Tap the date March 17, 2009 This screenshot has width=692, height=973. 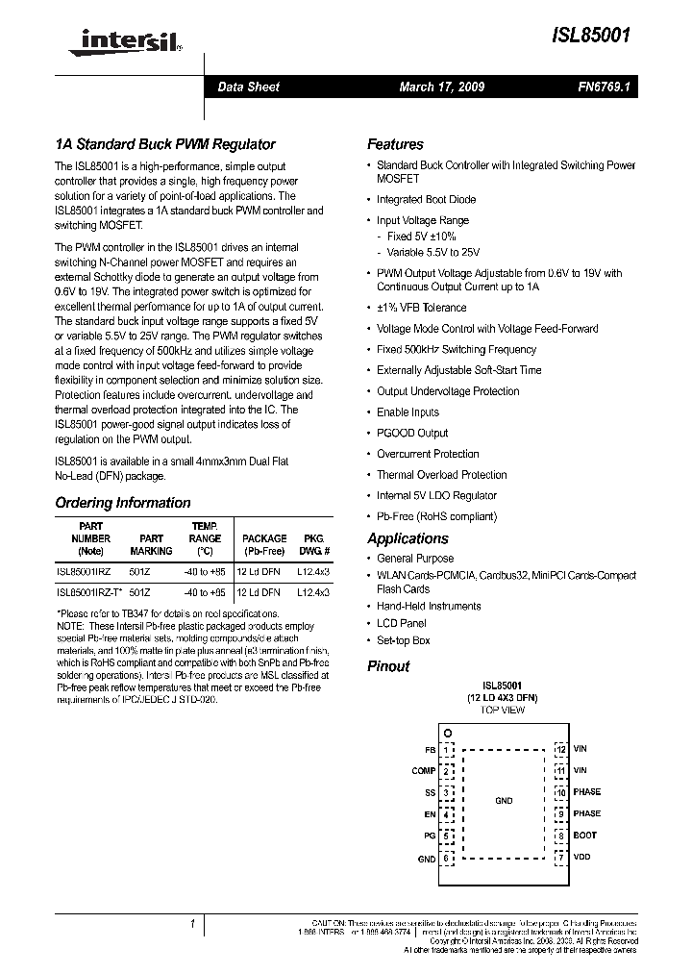pos(441,87)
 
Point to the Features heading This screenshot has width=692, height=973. pos(395,144)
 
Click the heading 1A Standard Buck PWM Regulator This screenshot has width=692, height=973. pos(165,144)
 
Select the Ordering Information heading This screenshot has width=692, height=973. pos(123,503)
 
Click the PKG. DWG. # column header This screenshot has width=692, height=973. pos(313,545)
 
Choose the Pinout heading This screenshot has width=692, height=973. pos(388,666)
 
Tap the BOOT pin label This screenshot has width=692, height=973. pos(584,836)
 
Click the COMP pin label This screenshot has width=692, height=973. pos(423,770)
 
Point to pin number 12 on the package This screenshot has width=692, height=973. pos(560,749)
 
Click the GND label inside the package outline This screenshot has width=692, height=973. pos(504,801)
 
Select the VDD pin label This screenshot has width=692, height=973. pos(581,857)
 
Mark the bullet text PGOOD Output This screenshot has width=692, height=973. pos(412,434)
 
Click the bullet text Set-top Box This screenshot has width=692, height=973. pos(403,640)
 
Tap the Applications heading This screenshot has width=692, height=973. pos(408,538)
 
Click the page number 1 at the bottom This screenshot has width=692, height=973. pos(193,924)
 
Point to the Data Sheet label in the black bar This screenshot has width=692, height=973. pos(248,87)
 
